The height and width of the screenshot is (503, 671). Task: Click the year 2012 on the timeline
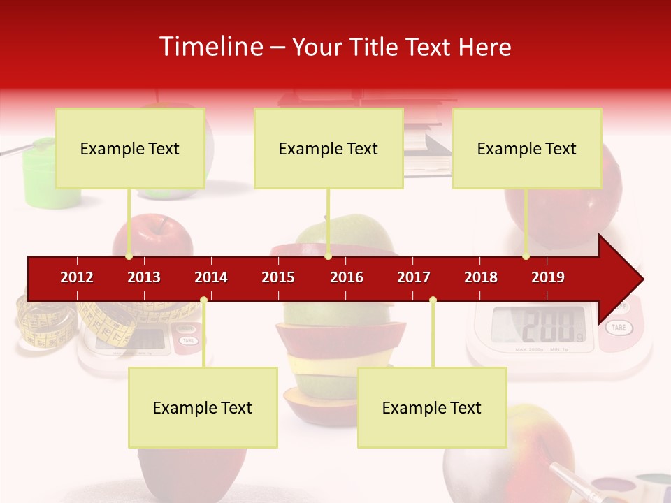(77, 277)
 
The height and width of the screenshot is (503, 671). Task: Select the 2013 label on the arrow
(144, 277)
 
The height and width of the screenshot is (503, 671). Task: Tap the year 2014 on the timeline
(211, 277)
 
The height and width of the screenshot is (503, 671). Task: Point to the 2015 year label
(278, 277)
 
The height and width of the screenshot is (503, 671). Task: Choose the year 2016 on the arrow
(347, 277)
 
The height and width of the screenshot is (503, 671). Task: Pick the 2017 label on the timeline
(414, 277)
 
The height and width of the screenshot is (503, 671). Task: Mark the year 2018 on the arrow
(481, 277)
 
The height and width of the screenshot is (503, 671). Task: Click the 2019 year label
(548, 277)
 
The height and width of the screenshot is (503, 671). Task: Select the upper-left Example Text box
(130, 148)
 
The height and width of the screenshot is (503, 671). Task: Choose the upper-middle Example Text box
(329, 148)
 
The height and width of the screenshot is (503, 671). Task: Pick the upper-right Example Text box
(527, 148)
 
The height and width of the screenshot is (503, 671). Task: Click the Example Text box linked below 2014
(203, 407)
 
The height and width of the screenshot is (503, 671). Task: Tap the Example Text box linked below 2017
(432, 407)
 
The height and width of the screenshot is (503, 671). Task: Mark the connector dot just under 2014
(203, 300)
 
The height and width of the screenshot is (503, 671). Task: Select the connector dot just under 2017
(433, 300)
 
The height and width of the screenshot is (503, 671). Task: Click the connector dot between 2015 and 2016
(329, 256)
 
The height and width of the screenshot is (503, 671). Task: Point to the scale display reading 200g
(538, 323)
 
